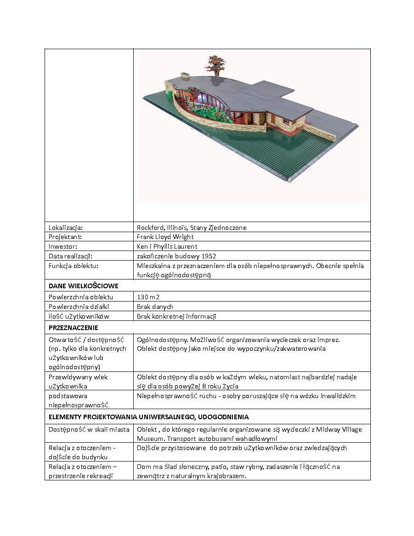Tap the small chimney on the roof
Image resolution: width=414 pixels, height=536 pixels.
pos(185,75)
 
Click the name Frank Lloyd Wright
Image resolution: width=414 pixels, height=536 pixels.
pos(165,237)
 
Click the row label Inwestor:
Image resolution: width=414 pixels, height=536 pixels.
pos(63,246)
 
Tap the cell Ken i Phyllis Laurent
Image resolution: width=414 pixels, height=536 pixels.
pos(167,246)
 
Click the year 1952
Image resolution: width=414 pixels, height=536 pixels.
pos(209,256)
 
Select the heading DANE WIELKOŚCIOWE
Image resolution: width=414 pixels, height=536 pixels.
pos(83,286)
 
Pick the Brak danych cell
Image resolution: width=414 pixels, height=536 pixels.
pos(155,307)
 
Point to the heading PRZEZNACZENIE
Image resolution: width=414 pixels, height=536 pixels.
pos(74,328)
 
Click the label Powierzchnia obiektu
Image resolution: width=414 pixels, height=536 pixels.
pos(80,297)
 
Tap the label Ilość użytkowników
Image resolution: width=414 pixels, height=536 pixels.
pos(79,316)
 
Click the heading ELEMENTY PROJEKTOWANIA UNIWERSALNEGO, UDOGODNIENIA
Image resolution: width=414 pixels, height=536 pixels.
pos(149,417)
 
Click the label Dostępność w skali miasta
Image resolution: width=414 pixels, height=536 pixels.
pos(89,429)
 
